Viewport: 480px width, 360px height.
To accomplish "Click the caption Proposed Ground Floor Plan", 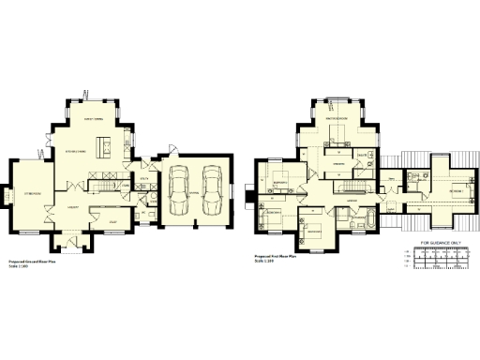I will coord(34,262).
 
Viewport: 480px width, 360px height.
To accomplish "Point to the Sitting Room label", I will coord(34,194).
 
